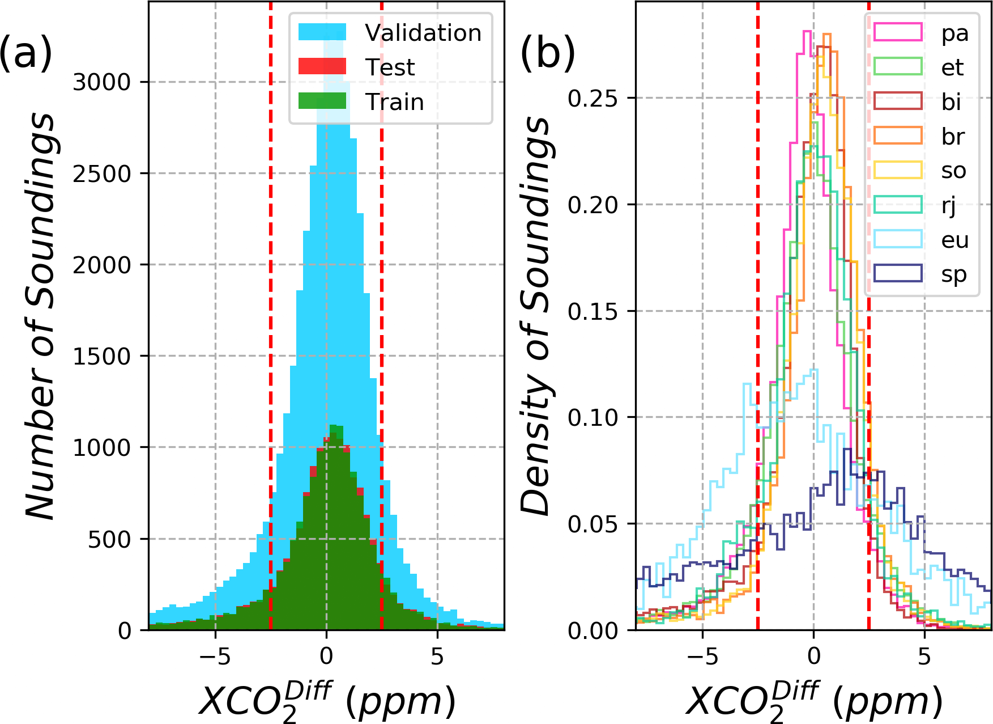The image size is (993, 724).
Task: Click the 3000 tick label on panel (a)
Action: tap(102, 82)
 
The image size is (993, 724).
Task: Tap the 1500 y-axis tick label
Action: tap(102, 357)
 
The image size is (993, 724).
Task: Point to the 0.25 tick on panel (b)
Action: tap(593, 98)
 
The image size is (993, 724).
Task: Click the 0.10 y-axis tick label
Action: tap(593, 417)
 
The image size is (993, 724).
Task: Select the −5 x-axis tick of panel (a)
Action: tap(215, 657)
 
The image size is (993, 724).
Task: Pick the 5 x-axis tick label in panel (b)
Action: tap(924, 657)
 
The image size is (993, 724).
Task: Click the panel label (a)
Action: tap(25, 53)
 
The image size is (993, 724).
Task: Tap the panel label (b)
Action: tap(547, 53)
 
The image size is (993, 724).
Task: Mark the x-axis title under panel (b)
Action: tap(814, 701)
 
